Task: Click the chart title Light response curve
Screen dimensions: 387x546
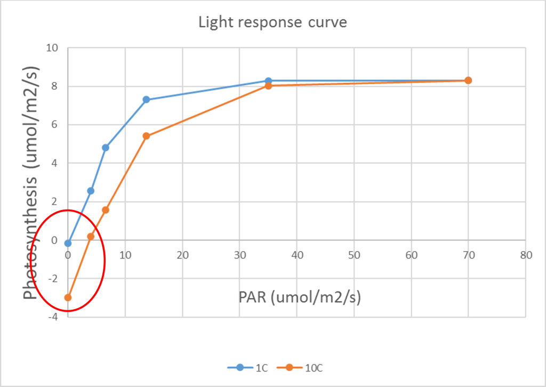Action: [272, 22]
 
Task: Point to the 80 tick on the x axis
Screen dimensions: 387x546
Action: [526, 255]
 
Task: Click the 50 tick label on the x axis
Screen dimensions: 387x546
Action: [354, 255]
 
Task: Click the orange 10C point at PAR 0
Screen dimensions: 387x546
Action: [68, 297]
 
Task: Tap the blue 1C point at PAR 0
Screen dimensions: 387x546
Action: [68, 243]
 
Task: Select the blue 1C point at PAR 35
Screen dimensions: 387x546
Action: [268, 80]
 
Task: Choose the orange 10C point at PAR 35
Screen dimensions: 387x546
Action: [268, 85]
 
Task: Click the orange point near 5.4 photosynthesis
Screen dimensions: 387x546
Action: [147, 136]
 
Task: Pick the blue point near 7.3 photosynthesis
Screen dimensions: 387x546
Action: [147, 100]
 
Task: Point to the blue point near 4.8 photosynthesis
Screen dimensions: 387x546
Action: [106, 148]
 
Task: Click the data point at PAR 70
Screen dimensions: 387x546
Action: [469, 80]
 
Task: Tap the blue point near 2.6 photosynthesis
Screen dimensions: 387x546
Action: [91, 190]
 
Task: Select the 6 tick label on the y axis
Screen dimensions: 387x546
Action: [54, 125]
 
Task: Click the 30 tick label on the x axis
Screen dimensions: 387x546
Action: [239, 255]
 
